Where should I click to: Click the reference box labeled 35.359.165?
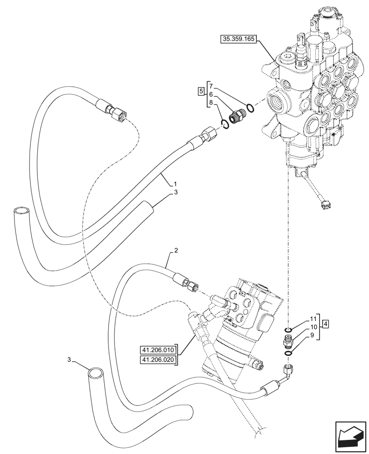(x=239, y=39)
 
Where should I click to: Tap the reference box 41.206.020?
(x=158, y=360)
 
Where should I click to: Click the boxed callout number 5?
(x=201, y=91)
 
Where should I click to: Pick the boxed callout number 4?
(x=326, y=324)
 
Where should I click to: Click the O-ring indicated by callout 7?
(x=249, y=108)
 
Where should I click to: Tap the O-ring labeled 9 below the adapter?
(x=288, y=352)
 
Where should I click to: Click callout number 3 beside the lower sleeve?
(x=70, y=360)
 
